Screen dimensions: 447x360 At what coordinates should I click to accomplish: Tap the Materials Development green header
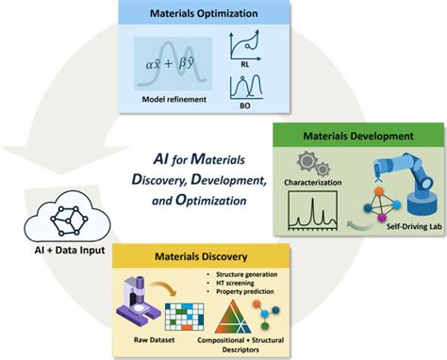(355, 136)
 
